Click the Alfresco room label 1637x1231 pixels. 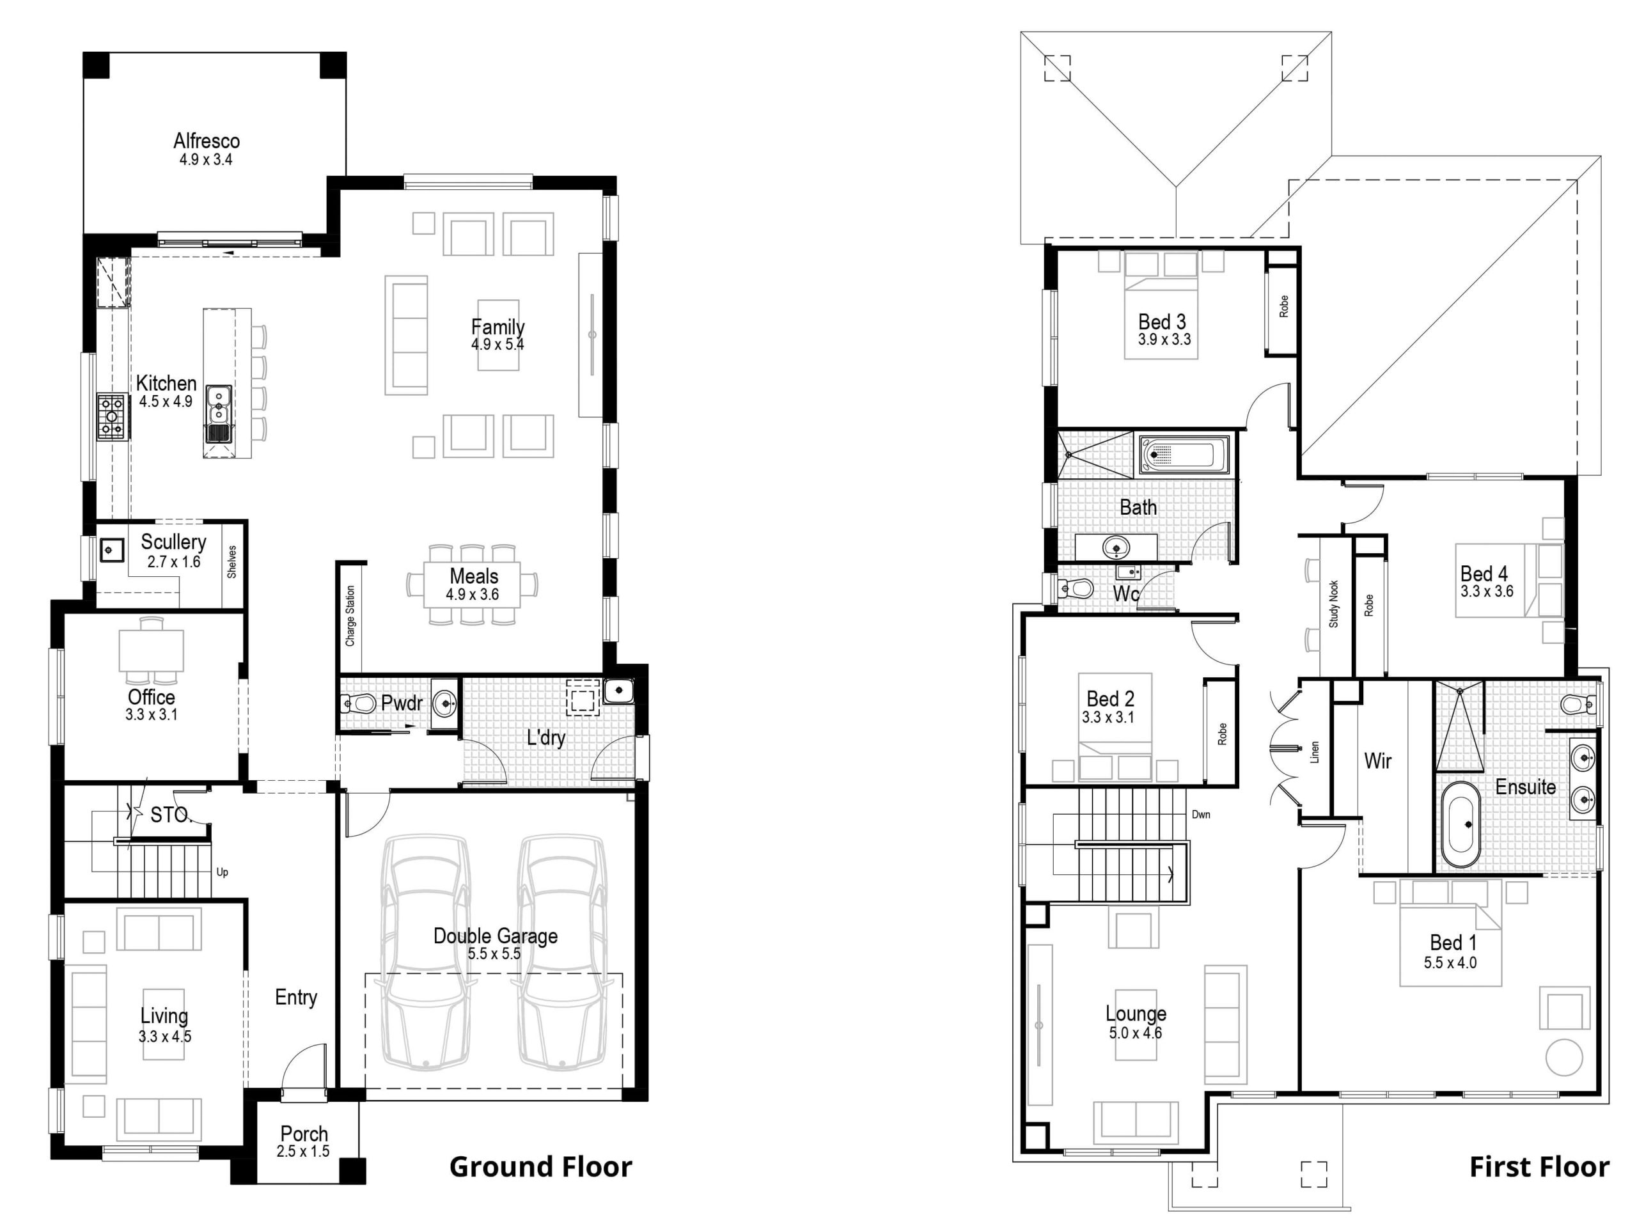207,141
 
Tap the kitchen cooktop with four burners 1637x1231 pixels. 112,417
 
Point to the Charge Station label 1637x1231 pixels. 350,616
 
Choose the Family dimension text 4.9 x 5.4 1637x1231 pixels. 497,344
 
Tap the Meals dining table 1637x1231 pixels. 472,584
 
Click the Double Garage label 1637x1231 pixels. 495,936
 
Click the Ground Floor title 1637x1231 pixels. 540,1167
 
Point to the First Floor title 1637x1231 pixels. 1539,1167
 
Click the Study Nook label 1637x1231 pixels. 1333,604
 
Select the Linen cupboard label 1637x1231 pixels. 1314,752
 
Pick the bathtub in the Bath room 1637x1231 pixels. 1184,454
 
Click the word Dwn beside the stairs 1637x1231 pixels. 1201,814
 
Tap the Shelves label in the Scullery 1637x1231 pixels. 231,562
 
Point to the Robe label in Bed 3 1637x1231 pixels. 1283,306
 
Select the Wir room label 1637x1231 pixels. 1377,760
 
